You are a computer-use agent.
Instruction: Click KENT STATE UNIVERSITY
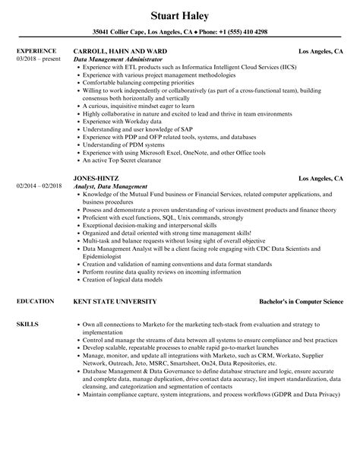coord(115,280)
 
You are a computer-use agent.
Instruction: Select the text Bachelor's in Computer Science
coord(301,280)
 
